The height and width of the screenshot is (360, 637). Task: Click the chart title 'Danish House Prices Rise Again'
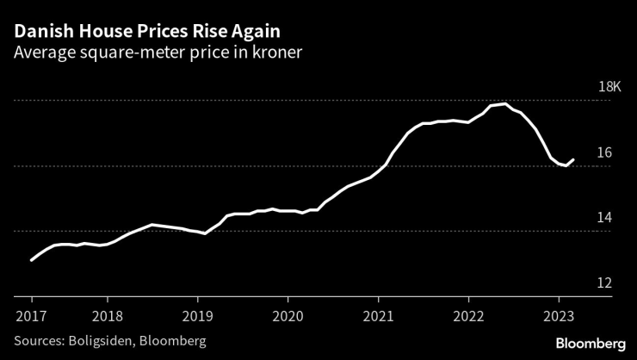(145, 31)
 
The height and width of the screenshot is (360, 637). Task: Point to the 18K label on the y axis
(609, 88)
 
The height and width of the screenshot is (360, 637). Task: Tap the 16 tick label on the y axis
(604, 153)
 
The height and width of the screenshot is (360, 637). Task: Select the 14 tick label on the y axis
(604, 219)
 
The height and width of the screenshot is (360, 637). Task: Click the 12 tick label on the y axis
(604, 284)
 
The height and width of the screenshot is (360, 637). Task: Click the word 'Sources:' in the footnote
(39, 341)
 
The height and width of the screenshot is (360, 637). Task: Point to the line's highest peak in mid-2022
(504, 103)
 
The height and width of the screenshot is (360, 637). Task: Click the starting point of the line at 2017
(32, 260)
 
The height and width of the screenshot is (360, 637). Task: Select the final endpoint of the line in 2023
(573, 158)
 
